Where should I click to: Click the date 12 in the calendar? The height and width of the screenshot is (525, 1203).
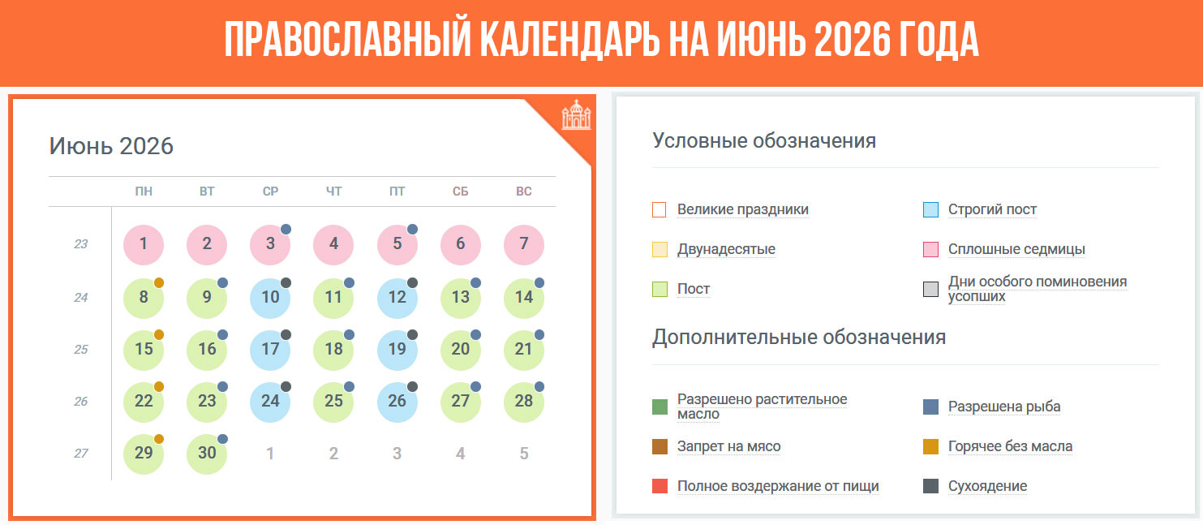point(397,297)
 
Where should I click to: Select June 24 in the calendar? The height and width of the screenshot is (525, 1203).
point(270,401)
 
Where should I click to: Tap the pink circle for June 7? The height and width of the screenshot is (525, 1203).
point(524,244)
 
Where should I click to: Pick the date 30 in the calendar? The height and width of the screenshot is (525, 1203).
point(207,453)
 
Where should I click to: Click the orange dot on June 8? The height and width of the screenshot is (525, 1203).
point(159,282)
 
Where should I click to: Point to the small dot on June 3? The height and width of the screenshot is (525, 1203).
point(286,230)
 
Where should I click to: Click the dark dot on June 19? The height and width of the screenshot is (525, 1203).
point(412,334)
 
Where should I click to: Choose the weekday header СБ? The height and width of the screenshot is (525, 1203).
point(460,191)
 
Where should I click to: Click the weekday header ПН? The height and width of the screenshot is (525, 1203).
point(144,191)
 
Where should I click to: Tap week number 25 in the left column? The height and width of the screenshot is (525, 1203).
point(80,350)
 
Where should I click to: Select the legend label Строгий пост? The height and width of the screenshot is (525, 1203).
point(992,209)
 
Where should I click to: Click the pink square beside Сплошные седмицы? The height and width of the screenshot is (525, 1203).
point(930,249)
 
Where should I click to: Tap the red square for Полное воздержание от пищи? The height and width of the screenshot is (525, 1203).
point(660,486)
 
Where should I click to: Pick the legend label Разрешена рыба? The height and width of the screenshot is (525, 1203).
point(1003,407)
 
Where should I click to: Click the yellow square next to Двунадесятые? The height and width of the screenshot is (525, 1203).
point(660,249)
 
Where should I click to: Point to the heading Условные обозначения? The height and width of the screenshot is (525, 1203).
point(763,140)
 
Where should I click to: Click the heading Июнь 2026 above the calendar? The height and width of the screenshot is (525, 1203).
point(111,146)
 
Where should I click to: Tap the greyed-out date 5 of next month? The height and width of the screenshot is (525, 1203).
point(524,454)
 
